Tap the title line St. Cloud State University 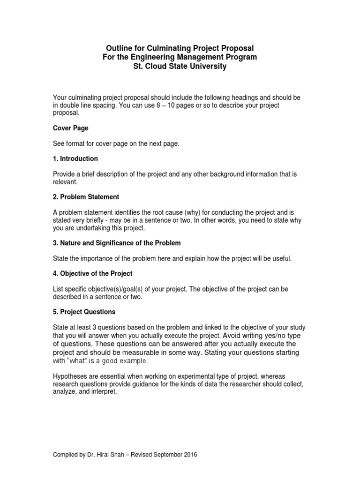[180, 66]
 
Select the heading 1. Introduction [75, 158]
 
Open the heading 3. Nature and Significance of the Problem [117, 243]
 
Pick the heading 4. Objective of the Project [93, 273]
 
